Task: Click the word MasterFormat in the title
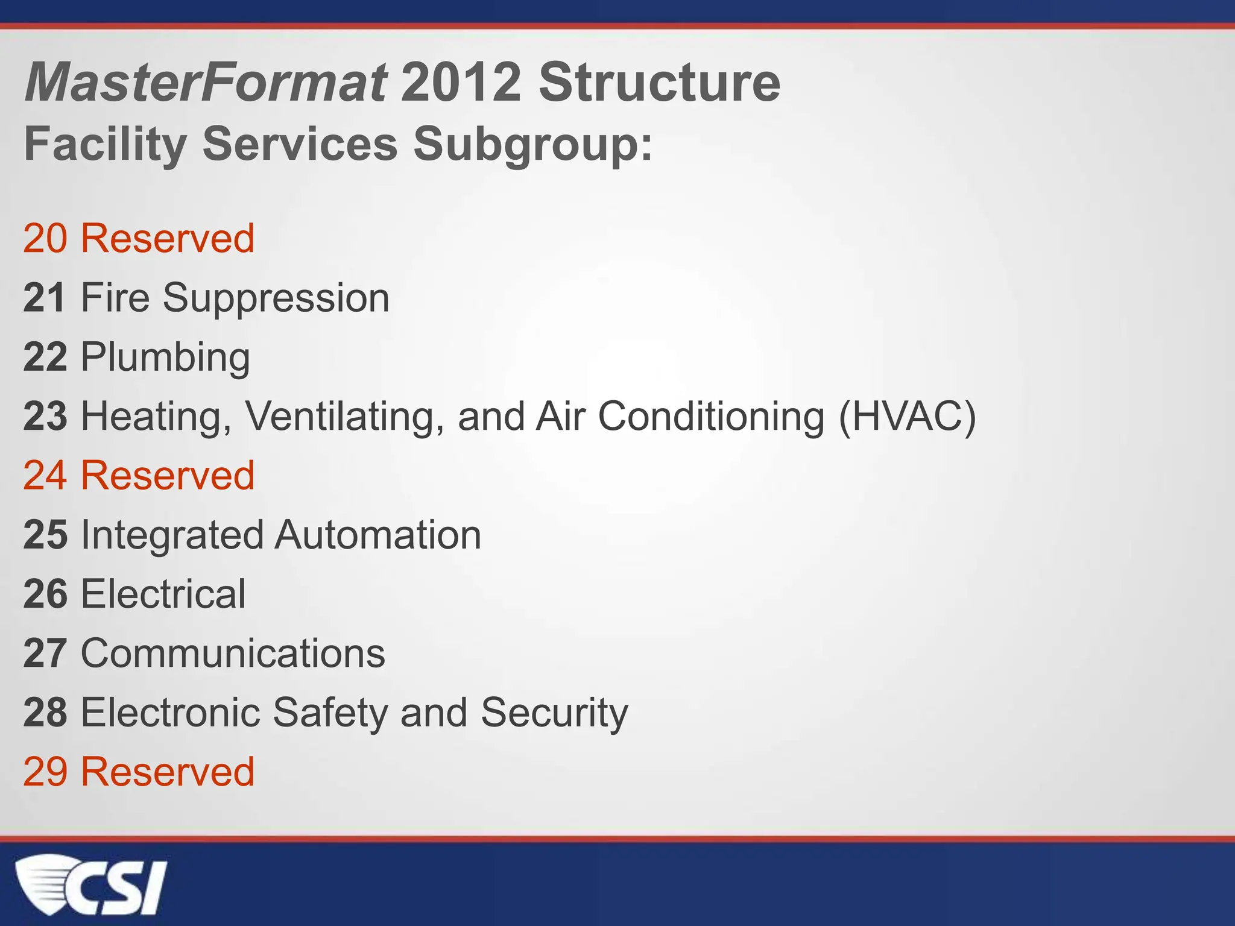(x=205, y=83)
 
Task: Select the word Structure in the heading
(x=659, y=83)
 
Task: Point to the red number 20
(x=45, y=238)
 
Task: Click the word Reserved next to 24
(x=168, y=476)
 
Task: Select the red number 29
(x=45, y=772)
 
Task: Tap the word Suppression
(x=276, y=298)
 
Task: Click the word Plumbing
(x=165, y=357)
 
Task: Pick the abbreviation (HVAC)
(x=907, y=417)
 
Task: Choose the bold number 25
(x=45, y=535)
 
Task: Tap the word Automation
(x=378, y=535)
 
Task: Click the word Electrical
(x=163, y=594)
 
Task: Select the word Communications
(x=233, y=654)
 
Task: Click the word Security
(x=554, y=713)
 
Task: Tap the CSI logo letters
(x=124, y=888)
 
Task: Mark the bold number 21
(x=45, y=298)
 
